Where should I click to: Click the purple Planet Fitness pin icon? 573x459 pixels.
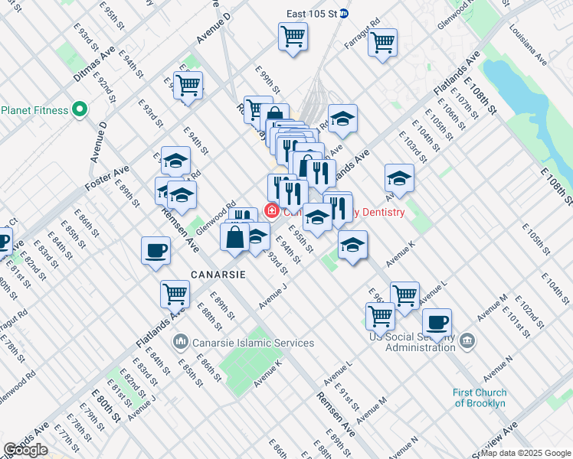pos(79,110)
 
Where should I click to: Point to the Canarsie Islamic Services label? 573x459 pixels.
pos(243,342)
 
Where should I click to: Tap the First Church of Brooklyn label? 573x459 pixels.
pos(479,398)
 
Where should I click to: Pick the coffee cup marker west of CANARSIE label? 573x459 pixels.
pos(156,250)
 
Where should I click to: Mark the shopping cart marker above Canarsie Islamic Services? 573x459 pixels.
pos(175,292)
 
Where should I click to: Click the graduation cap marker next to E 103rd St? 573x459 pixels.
pos(399,178)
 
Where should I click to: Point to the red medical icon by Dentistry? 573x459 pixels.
pos(270,210)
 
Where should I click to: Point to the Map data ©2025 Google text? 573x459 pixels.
pos(526,453)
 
